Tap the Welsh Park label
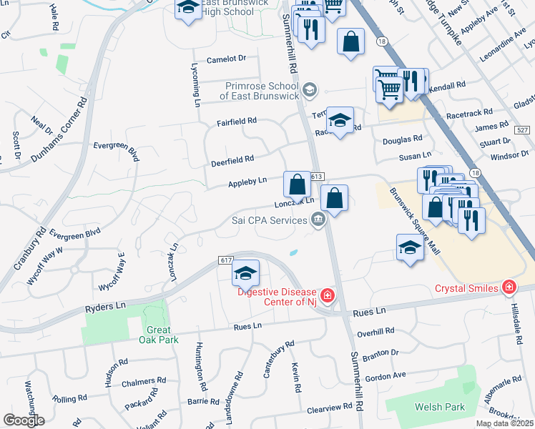tap(440, 407)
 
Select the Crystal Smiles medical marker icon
tap(509, 288)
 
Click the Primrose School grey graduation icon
tap(309, 89)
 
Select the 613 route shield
tap(318, 177)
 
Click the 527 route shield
tap(524, 129)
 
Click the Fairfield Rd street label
tap(237, 122)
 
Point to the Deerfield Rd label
tap(232, 160)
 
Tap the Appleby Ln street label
tap(247, 182)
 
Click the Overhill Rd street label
tap(376, 332)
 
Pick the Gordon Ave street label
tap(385, 375)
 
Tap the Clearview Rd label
tap(330, 407)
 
